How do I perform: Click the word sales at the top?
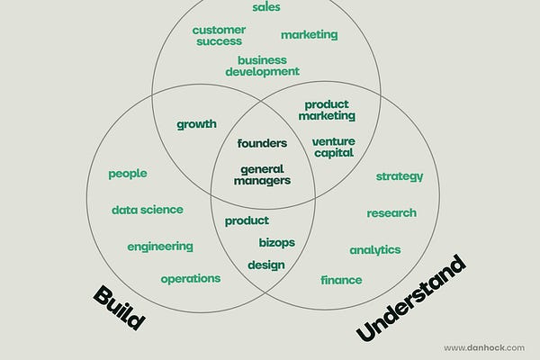click(265, 7)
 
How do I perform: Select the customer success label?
click(218, 35)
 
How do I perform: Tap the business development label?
click(262, 66)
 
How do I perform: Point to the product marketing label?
click(327, 110)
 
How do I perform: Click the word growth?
click(196, 124)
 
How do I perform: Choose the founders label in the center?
click(262, 143)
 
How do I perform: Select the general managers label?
click(262, 175)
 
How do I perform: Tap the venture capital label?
click(333, 147)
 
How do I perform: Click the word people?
click(127, 174)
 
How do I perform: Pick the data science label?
click(147, 210)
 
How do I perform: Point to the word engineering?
click(159, 246)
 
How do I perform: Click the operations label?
click(190, 278)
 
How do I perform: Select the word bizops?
click(276, 242)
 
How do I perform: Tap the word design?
click(265, 265)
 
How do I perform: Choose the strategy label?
click(399, 176)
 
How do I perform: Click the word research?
click(391, 213)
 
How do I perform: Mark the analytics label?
click(374, 249)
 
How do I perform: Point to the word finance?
click(341, 280)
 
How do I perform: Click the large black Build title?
click(119, 308)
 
